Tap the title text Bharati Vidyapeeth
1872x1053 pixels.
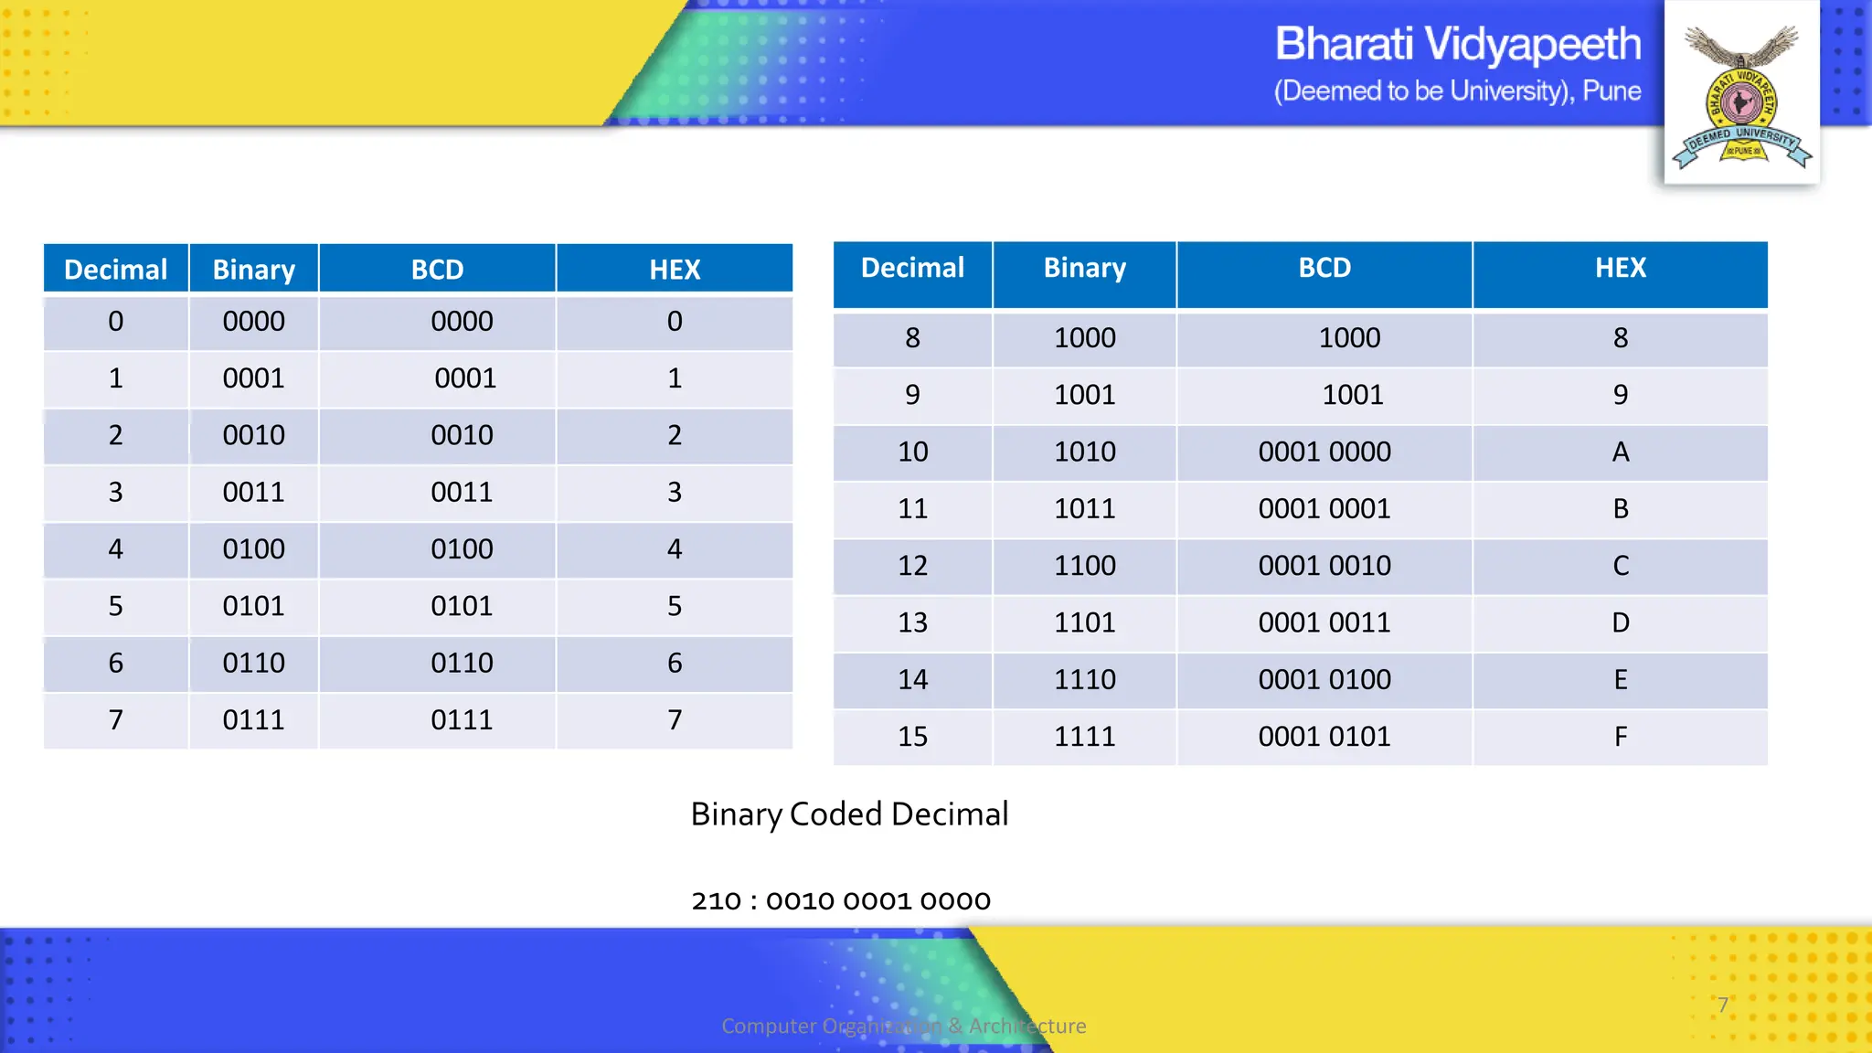point(1457,44)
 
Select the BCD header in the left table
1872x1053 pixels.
point(437,270)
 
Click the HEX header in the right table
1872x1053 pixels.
point(1620,268)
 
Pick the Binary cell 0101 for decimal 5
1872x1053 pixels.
point(253,606)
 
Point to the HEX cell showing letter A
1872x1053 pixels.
point(1620,452)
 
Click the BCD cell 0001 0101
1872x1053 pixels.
point(1324,737)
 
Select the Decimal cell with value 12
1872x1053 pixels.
point(912,566)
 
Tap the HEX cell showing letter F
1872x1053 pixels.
point(1620,737)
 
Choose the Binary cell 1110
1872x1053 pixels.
point(1084,680)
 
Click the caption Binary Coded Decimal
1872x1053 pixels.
point(849,814)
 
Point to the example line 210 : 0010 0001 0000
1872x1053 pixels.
point(841,901)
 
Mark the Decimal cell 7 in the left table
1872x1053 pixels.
point(115,720)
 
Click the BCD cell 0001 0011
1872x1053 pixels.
point(1324,623)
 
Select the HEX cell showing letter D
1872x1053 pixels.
point(1620,623)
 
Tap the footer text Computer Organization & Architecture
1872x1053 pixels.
point(903,1026)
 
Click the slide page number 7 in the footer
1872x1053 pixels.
point(1722,1005)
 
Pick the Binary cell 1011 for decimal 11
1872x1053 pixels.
point(1084,509)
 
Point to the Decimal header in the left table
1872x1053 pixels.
point(115,270)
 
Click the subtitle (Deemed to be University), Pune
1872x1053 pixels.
point(1457,91)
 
